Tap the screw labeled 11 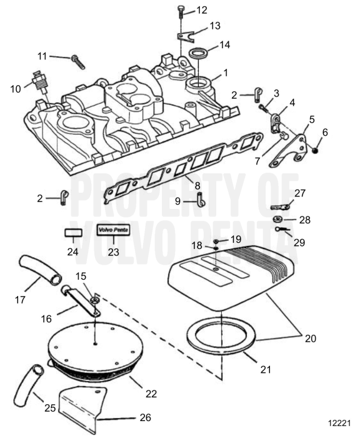(x=77, y=60)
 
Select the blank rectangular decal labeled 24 (x=74, y=233)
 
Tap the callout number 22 (x=151, y=394)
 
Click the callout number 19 (x=235, y=240)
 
